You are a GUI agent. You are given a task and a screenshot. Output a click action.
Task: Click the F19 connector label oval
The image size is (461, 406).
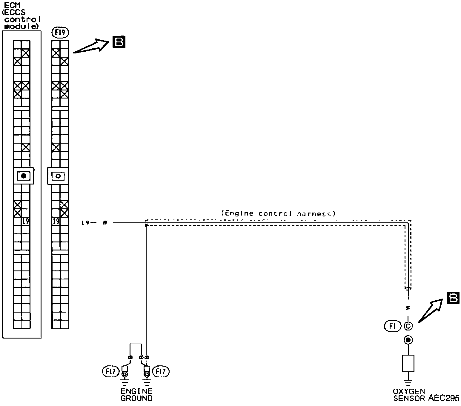pos(60,32)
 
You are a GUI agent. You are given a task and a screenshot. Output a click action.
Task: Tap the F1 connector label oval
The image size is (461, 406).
pos(392,326)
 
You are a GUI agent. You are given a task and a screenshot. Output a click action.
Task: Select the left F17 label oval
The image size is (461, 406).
pos(111,371)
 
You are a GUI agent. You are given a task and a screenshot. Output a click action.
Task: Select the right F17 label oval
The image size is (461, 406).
pos(161,371)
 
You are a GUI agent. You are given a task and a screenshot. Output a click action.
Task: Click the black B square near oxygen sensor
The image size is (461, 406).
pos(453,298)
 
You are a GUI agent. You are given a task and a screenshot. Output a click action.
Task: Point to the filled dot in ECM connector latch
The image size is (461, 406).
pos(24,176)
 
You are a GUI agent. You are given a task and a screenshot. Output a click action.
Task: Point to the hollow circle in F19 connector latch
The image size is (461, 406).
pos(58,176)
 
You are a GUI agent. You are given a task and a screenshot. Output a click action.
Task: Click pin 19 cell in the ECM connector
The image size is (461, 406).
pos(26,221)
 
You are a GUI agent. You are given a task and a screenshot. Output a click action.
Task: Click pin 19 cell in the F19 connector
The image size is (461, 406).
pos(56,221)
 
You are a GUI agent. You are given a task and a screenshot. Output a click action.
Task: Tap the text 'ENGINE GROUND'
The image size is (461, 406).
pos(136,394)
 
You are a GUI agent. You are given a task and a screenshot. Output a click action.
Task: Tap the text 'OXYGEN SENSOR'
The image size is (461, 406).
pos(409,395)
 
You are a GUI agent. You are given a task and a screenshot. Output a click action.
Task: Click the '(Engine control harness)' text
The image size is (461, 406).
pos(278,213)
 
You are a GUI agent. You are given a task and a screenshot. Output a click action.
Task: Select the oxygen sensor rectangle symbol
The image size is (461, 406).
pos(408,363)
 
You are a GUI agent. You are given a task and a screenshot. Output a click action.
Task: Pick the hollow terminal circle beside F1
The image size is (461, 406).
pos(408,326)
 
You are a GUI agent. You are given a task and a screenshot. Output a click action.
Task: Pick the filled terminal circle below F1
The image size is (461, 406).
pos(408,340)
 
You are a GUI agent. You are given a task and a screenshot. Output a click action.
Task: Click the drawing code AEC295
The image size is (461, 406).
pos(444,398)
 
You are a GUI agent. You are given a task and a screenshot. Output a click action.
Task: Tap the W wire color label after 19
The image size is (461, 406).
pos(105,223)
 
